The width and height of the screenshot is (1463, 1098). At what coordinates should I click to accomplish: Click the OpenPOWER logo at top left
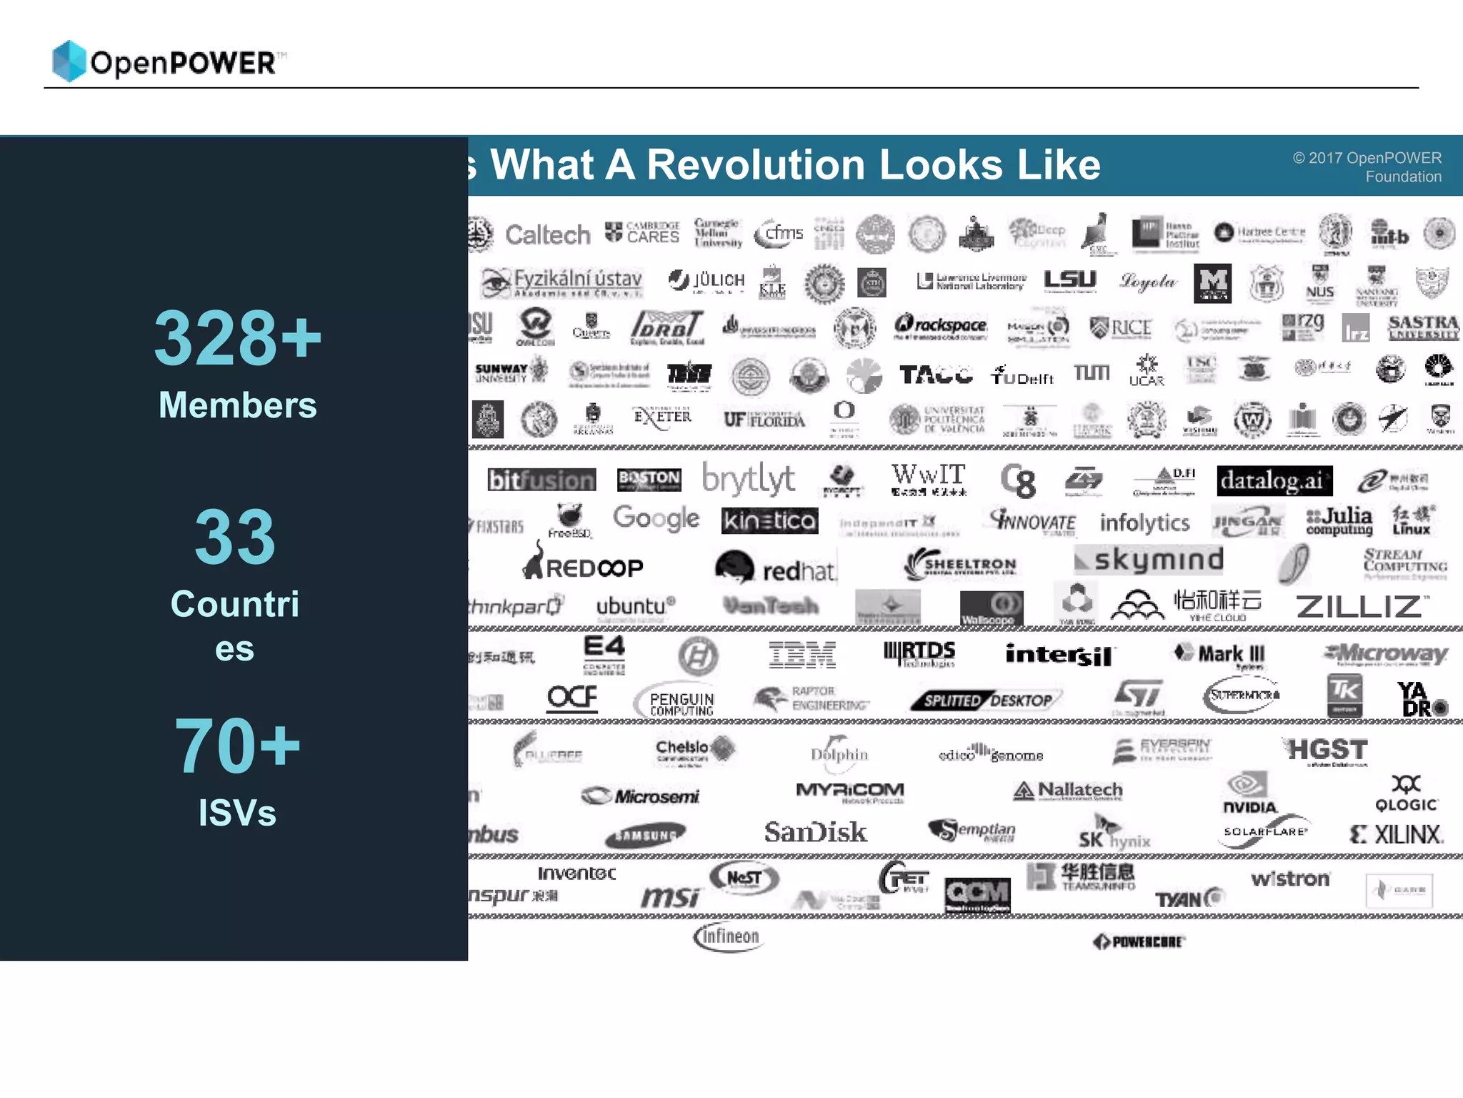(169, 61)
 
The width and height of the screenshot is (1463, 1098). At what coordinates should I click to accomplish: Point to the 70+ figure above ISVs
(237, 745)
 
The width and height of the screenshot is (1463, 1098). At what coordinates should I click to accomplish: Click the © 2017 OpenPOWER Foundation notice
(1367, 167)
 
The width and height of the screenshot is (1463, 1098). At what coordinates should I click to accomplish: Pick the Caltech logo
(547, 234)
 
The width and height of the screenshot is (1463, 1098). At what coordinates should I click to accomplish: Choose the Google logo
(656, 518)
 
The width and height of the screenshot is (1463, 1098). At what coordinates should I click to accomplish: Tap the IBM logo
(802, 654)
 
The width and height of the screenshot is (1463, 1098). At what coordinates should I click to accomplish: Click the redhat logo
(774, 568)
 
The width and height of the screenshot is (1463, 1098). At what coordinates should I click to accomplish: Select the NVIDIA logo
(1249, 793)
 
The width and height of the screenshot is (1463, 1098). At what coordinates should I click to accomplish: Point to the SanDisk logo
(815, 832)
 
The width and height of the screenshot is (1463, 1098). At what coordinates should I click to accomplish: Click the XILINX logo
(1397, 834)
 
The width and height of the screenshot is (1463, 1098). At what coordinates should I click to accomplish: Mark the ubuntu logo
(635, 606)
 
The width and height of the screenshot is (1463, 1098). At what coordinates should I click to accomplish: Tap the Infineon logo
(728, 936)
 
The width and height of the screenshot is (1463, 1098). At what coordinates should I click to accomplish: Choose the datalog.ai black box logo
(1274, 480)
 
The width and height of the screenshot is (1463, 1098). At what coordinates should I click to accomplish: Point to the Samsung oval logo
(645, 834)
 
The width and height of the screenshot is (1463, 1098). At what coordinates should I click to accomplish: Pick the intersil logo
(1058, 655)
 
